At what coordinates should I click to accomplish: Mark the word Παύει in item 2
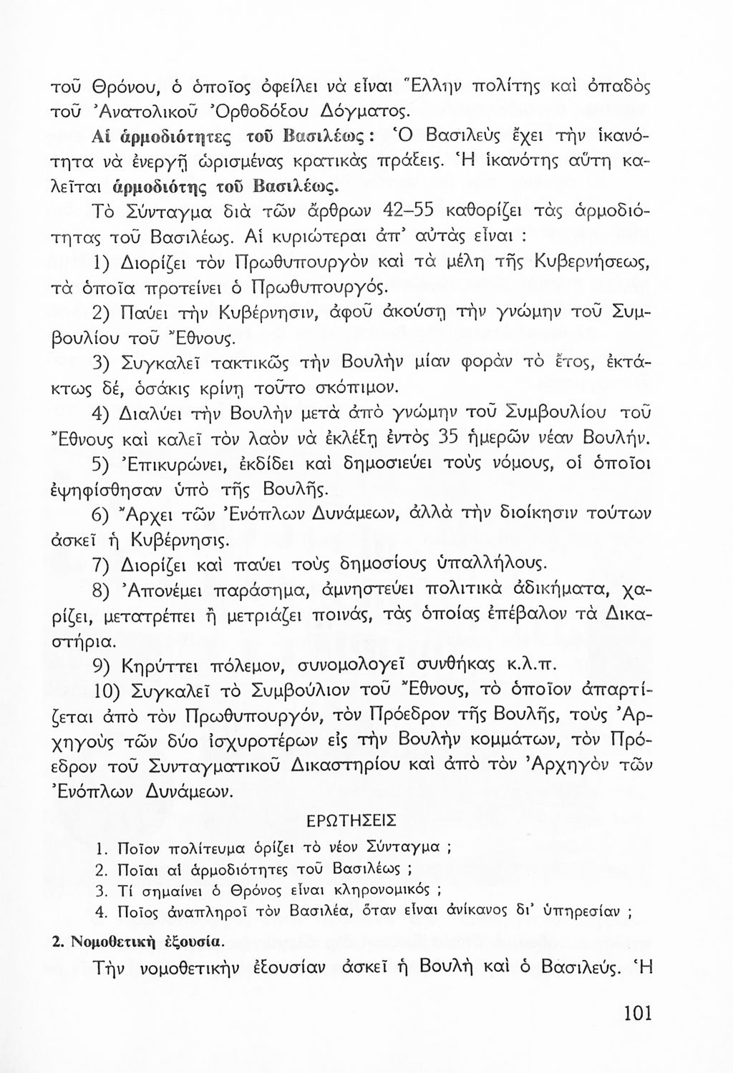(160, 313)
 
